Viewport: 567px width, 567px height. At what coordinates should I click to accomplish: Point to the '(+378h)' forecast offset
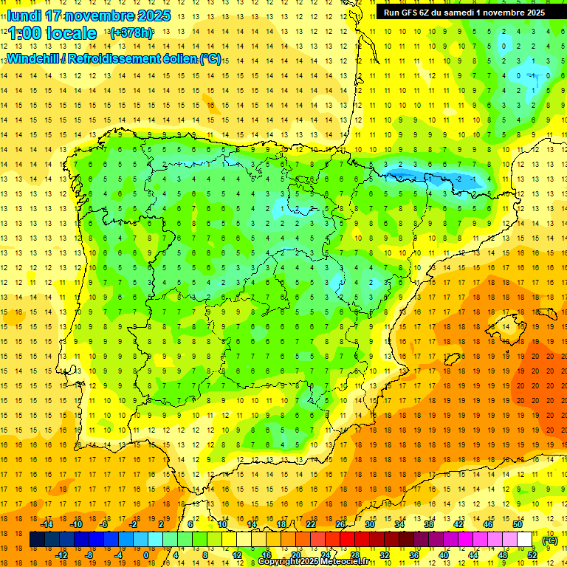131,33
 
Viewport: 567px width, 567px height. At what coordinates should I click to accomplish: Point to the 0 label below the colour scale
145,555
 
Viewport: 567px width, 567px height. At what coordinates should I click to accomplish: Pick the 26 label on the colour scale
340,524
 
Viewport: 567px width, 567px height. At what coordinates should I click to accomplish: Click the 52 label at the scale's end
532,555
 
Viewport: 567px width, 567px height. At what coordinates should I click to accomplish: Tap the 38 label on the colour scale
428,524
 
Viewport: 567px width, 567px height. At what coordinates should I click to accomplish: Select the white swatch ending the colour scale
524,540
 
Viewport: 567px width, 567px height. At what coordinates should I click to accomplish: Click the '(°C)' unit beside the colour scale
549,540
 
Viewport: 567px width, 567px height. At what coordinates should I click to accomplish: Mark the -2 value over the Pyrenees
460,179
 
